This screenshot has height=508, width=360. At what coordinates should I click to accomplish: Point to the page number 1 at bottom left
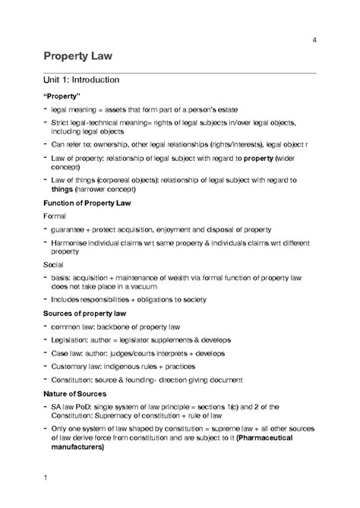coord(46,478)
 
